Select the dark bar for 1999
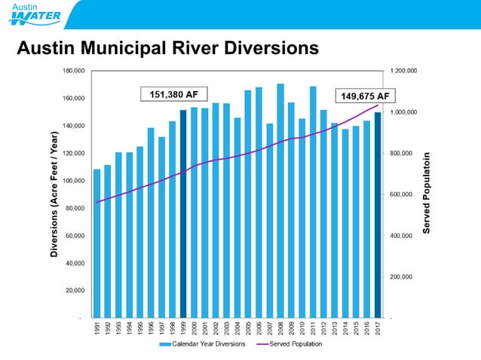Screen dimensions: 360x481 tap(183, 214)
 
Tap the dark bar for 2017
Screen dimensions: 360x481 tap(378, 215)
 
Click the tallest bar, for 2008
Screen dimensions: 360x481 tap(280, 200)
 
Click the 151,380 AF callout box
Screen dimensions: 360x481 tap(173, 94)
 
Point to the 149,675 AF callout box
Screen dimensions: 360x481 tap(366, 96)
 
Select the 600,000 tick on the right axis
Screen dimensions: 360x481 tap(401, 194)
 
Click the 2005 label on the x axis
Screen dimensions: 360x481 tap(248, 329)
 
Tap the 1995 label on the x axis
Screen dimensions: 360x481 tap(140, 329)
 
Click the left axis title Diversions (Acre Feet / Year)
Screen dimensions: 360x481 tap(55, 194)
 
